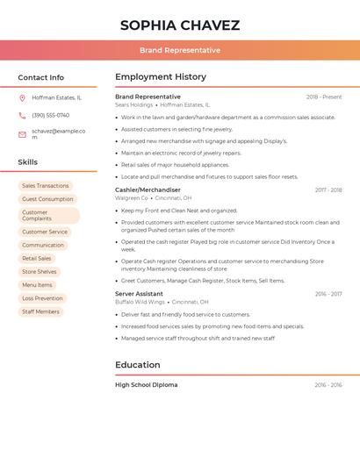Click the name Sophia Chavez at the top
pyautogui.click(x=180, y=25)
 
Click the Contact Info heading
pyautogui.click(x=40, y=77)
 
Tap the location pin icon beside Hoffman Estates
pyautogui.click(x=22, y=98)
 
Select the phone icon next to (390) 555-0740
pyautogui.click(x=22, y=116)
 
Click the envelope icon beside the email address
pyautogui.click(x=22, y=134)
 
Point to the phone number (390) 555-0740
pyautogui.click(x=50, y=116)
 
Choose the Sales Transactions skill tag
pyautogui.click(x=45, y=186)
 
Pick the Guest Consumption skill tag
pyautogui.click(x=47, y=199)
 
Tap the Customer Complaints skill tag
pyautogui.click(x=48, y=215)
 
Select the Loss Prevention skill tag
pyautogui.click(x=42, y=298)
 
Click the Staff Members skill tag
pyautogui.click(x=40, y=311)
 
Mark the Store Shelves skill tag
pyautogui.click(x=40, y=272)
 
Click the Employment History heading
pyautogui.click(x=161, y=77)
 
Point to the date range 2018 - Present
pyautogui.click(x=324, y=97)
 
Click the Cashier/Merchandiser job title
pyautogui.click(x=148, y=190)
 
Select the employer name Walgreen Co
pyautogui.click(x=132, y=198)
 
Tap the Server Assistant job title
pyautogui.click(x=139, y=294)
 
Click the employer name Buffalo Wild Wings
pyautogui.click(x=140, y=302)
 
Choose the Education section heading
pyautogui.click(x=138, y=365)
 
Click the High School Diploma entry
pyautogui.click(x=146, y=385)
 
